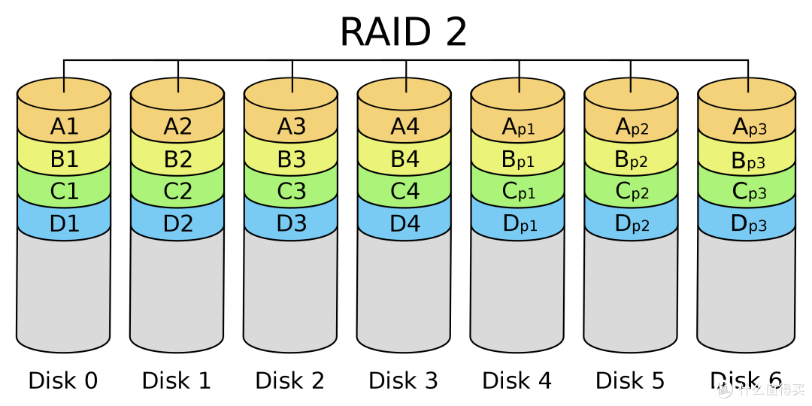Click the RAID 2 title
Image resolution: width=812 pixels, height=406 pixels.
403,32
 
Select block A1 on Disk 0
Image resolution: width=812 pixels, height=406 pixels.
64,126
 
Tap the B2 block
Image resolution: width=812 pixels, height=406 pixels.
177,159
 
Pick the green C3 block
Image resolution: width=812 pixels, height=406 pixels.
290,190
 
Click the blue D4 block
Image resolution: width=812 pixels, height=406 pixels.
404,223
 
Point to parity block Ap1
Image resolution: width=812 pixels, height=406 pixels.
517,126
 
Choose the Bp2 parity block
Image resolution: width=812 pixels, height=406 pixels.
631,159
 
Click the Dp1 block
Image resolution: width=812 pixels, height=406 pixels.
517,223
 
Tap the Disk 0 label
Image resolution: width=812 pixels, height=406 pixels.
62,380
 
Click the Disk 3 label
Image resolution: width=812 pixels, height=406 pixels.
403,380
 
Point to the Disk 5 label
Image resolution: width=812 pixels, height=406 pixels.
630,380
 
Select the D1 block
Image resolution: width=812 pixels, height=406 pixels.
64,223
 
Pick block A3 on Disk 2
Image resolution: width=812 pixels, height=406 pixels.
290,126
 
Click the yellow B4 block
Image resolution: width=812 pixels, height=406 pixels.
404,159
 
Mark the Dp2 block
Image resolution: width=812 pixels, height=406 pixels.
631,223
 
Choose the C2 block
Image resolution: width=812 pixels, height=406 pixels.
177,190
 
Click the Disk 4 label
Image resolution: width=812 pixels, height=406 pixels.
517,380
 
